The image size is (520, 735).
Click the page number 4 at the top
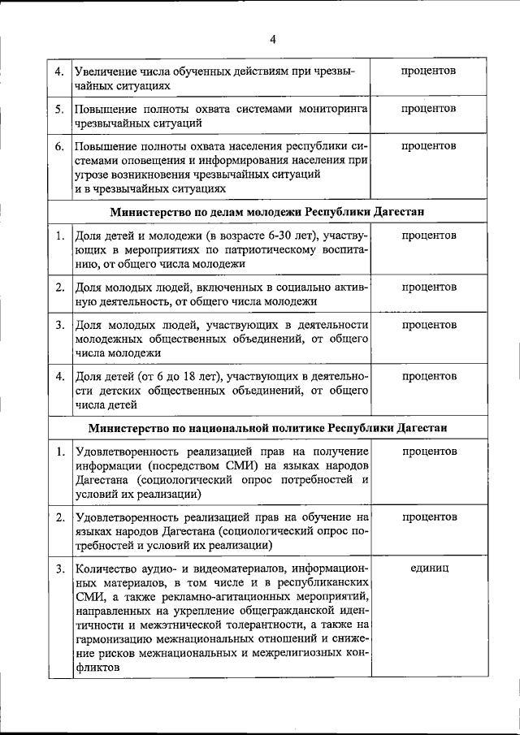272,40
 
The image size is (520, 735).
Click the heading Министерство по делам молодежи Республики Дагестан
272,212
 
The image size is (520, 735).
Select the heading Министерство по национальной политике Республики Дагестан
272,428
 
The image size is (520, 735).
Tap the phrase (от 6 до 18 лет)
176,377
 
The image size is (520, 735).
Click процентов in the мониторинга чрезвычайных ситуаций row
427,109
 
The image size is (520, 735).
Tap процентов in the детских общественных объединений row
427,377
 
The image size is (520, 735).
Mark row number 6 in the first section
59,146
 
